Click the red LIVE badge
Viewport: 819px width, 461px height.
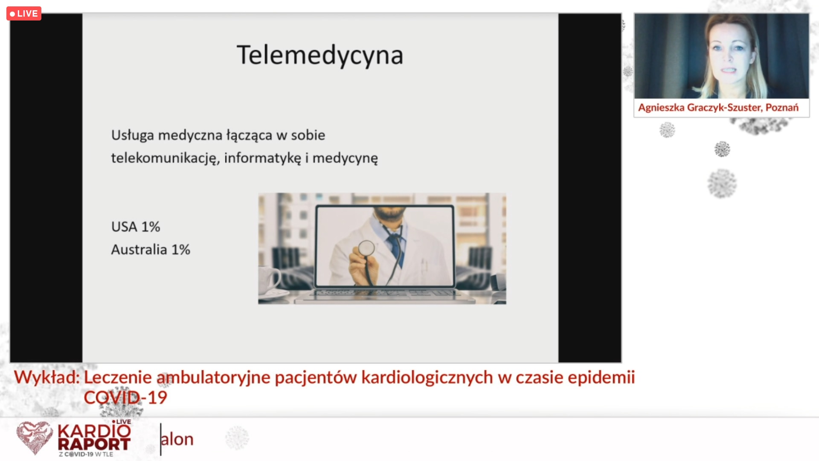click(x=24, y=14)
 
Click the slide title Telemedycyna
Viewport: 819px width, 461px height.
click(x=320, y=56)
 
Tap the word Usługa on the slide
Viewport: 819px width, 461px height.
click(x=133, y=136)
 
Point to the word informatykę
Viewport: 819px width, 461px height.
click(x=263, y=158)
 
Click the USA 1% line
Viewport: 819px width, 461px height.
click(x=136, y=227)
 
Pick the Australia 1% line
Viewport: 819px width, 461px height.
click(x=151, y=250)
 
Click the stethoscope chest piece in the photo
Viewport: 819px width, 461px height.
click(x=366, y=248)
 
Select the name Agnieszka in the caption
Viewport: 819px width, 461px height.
click(x=661, y=108)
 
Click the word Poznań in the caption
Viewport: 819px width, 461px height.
click(x=782, y=107)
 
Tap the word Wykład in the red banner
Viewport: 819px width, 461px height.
click(x=47, y=377)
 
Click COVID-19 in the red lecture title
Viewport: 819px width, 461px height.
click(x=125, y=398)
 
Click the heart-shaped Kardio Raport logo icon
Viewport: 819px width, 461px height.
click(x=34, y=438)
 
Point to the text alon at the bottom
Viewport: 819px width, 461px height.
click(x=177, y=439)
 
